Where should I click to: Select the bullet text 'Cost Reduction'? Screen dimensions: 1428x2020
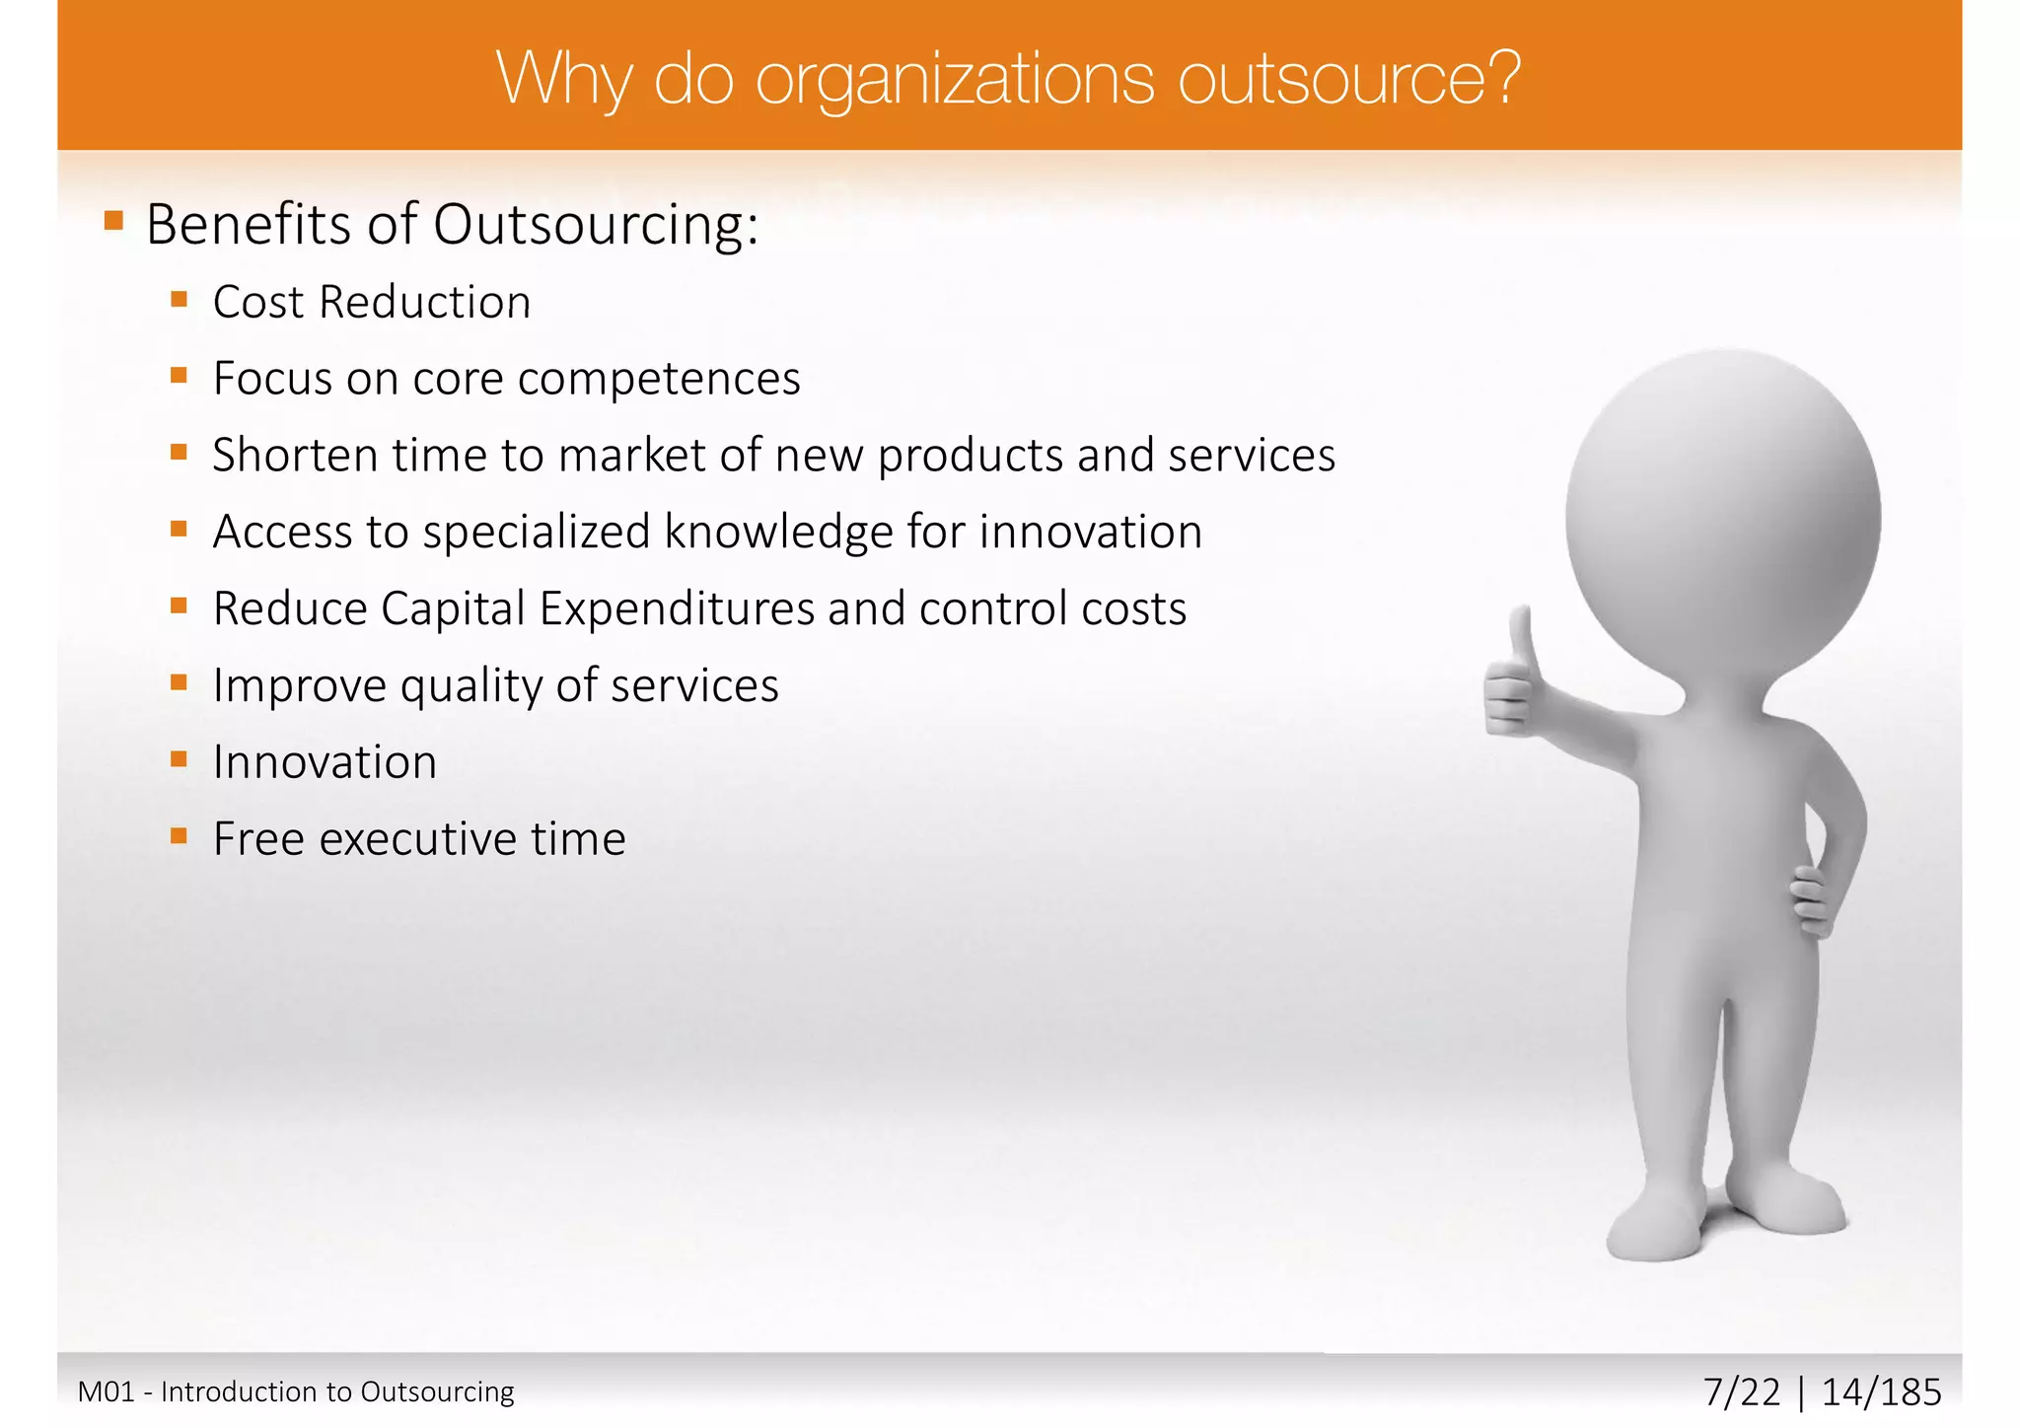point(372,303)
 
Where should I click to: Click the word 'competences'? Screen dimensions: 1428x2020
point(658,380)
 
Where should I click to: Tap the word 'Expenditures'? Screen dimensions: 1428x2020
point(677,609)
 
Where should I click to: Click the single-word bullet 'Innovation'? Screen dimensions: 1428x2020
point(325,762)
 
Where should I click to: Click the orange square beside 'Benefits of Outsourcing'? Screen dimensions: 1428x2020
point(114,220)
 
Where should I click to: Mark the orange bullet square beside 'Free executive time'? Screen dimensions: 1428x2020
point(179,837)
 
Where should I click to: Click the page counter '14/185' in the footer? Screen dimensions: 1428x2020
point(1881,1392)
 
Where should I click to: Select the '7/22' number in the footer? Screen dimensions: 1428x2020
point(1742,1392)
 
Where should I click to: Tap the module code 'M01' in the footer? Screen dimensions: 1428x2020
point(106,1392)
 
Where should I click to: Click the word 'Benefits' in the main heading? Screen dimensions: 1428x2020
point(250,225)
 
